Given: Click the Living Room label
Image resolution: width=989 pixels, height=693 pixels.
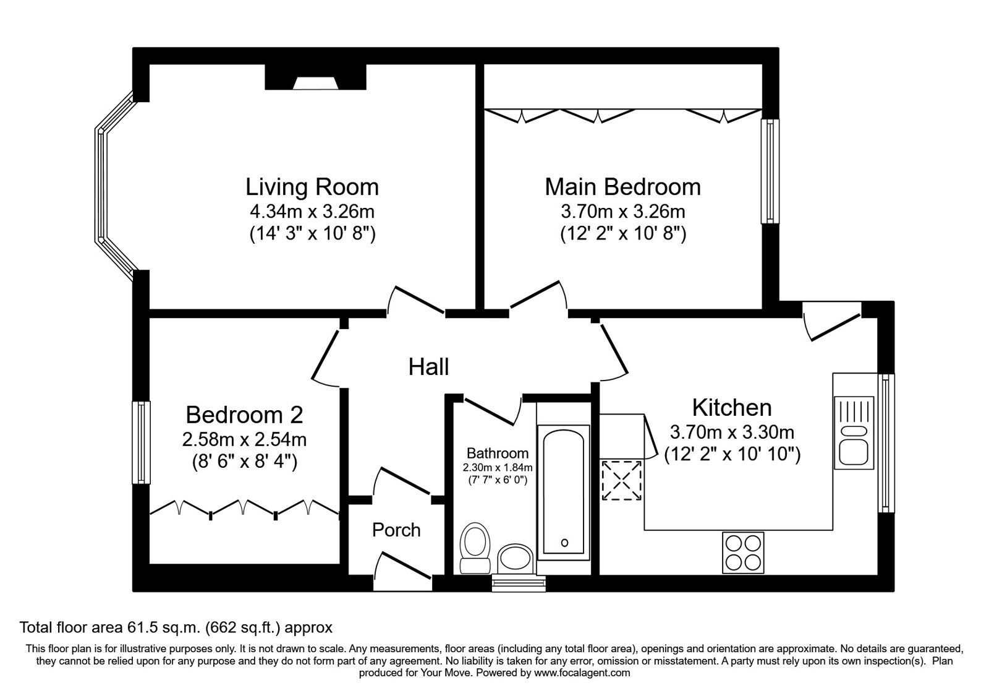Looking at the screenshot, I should (x=312, y=187).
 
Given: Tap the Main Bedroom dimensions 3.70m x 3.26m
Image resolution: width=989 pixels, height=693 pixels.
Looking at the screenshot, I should (x=622, y=212).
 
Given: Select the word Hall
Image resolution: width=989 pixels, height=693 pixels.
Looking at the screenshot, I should (x=428, y=367).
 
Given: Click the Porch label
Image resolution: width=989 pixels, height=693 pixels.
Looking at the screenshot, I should (x=396, y=530).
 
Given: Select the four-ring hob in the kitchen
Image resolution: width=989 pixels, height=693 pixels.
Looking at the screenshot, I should (x=742, y=552).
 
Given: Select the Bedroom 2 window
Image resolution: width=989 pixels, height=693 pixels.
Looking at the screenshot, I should (x=142, y=442).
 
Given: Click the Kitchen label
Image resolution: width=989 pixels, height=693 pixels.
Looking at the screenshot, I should (x=731, y=408).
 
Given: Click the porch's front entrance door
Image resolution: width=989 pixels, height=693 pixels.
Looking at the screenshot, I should (x=402, y=566).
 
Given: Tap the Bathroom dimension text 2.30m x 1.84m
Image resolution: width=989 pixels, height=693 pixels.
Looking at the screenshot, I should (x=498, y=467).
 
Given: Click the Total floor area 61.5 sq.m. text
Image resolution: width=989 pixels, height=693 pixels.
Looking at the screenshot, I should (x=176, y=627).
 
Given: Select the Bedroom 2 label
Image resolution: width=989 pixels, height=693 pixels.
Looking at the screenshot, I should (x=244, y=414).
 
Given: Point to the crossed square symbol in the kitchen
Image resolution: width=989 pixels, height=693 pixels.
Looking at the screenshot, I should (x=622, y=480).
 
